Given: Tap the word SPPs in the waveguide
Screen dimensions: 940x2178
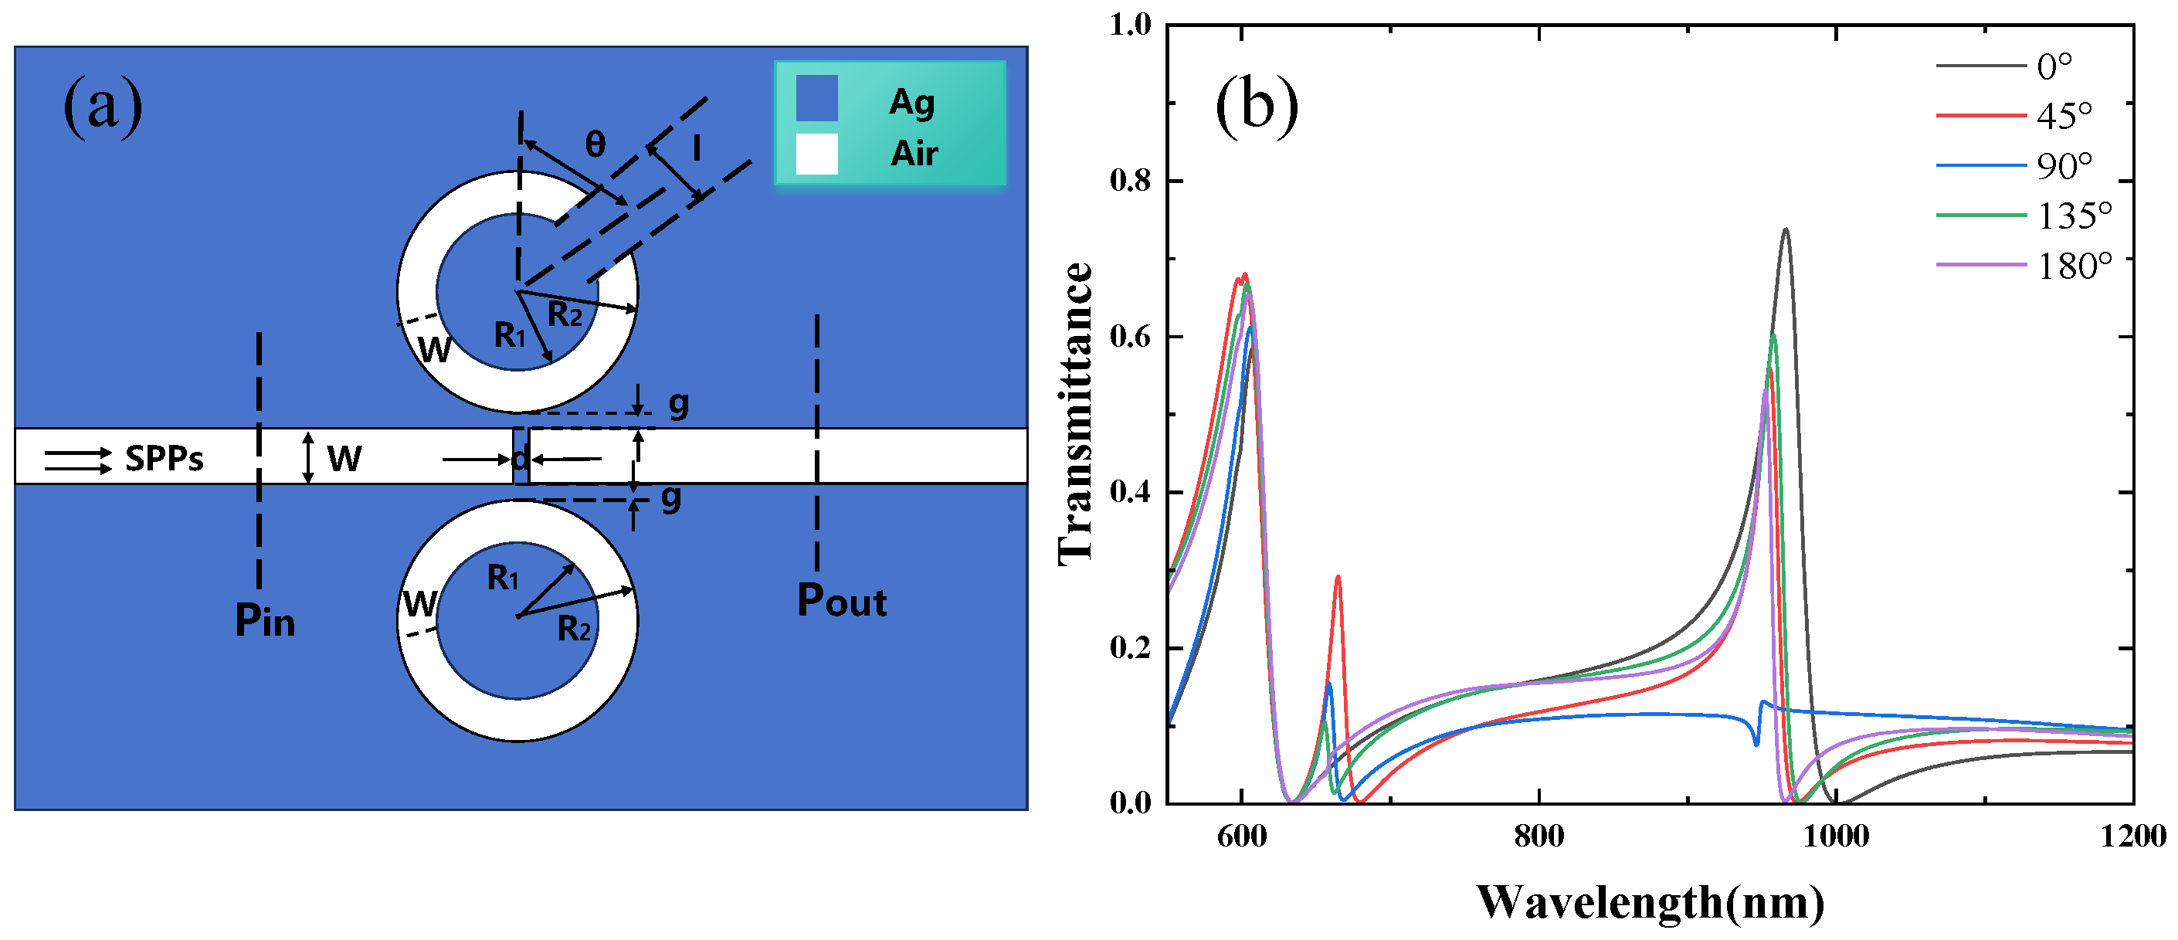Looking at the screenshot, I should tap(164, 459).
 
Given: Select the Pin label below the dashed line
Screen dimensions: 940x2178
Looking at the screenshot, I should tap(265, 621).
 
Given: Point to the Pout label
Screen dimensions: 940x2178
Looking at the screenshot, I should tap(841, 602).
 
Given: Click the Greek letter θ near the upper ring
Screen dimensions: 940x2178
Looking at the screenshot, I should tap(595, 144).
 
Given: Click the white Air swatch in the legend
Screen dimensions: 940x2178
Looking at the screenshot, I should tap(817, 154).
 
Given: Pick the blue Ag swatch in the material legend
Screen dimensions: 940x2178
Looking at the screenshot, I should tap(817, 98).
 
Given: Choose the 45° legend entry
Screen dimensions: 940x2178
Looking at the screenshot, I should tap(2064, 115).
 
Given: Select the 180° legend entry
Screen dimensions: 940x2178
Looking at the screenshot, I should tap(2074, 266).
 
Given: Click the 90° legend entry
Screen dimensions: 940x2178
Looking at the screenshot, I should tap(2064, 166).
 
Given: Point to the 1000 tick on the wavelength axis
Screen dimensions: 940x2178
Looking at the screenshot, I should tap(1836, 836).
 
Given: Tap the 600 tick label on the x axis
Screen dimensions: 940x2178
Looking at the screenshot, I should tap(1241, 836).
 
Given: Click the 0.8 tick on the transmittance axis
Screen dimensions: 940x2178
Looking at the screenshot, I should tap(1130, 181).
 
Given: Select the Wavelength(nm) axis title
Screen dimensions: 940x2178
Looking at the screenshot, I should tap(1650, 903).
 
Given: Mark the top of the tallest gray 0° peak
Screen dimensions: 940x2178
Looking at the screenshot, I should tap(1786, 229).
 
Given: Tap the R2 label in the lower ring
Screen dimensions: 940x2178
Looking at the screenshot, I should tap(574, 629).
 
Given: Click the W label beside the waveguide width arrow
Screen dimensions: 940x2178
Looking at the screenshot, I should tap(344, 459).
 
